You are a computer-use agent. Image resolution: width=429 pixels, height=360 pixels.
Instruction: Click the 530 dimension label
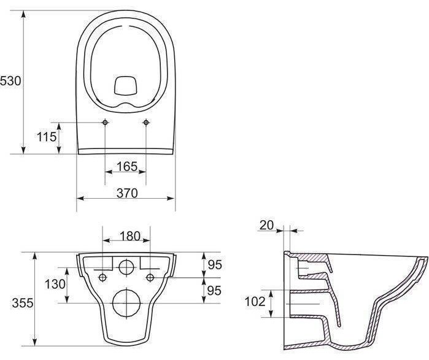10,81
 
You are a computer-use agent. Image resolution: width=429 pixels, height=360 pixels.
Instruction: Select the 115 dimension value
47,137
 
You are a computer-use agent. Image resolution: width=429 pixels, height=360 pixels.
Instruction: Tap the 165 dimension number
127,166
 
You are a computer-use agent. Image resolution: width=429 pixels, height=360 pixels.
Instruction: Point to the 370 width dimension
127,193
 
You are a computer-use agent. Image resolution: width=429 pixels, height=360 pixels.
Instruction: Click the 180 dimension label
130,236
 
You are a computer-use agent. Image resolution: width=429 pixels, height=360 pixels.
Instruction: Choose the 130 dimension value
55,284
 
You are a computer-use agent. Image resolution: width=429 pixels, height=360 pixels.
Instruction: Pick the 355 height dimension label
23,303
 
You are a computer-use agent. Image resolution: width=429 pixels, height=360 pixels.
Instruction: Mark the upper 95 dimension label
215,264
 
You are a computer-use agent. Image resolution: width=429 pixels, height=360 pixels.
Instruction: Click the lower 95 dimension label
214,290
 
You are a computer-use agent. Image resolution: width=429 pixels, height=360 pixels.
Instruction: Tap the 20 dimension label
266,225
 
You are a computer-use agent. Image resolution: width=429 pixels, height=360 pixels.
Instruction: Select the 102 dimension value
255,302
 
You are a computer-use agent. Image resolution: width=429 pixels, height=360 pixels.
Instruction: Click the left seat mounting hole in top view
105,122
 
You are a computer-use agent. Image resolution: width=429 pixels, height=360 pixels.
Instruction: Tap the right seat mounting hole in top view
146,122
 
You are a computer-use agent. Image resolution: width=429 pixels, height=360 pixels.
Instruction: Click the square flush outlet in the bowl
125,86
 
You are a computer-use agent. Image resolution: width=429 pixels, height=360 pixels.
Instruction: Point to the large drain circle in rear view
126,303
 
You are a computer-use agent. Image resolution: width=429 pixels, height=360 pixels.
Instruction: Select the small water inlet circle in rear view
126,267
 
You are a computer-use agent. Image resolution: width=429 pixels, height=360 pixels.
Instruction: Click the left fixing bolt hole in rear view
102,278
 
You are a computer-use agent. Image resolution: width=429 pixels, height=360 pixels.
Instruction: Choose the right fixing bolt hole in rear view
150,278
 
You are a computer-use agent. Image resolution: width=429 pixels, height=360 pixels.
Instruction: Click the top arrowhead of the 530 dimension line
23,14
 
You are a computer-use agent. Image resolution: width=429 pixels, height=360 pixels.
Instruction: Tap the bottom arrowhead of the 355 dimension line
34,342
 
